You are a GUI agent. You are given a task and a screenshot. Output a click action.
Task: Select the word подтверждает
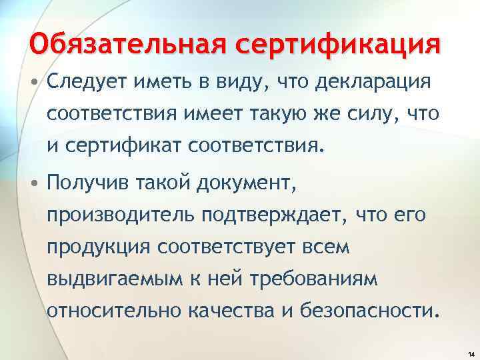point(275,216)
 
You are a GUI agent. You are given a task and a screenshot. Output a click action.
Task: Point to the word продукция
point(99,247)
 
